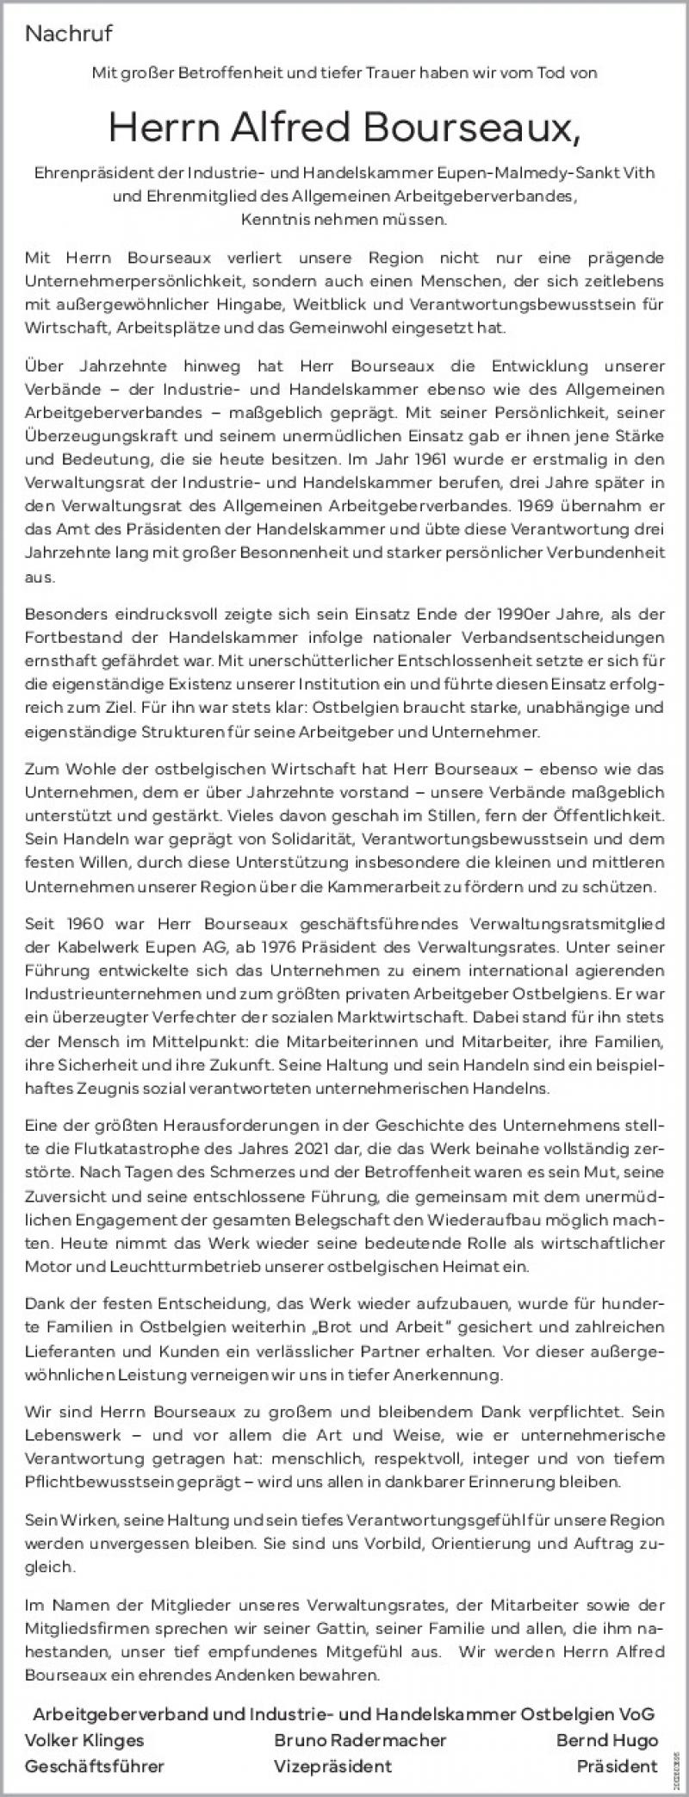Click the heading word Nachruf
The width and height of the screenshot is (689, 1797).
pyautogui.click(x=69, y=34)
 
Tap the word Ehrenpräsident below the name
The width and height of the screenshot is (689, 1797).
pyautogui.click(x=90, y=173)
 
